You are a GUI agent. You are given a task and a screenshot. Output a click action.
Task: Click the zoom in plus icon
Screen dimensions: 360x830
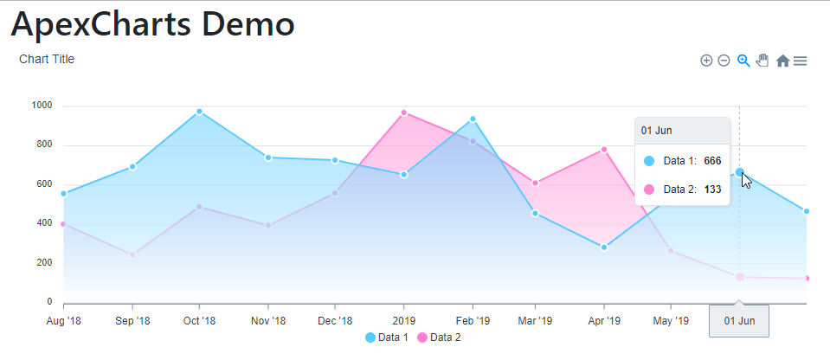click(x=706, y=61)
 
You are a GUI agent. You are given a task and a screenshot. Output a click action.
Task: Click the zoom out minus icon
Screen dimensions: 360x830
click(x=724, y=61)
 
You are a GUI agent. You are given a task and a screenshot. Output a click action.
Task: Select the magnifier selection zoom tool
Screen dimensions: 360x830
click(x=743, y=61)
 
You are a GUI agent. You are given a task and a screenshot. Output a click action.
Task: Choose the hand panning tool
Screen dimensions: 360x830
click(x=762, y=61)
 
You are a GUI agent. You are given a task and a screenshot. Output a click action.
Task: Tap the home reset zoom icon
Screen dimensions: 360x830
click(x=782, y=61)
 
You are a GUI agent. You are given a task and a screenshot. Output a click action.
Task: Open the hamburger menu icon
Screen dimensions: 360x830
click(x=801, y=61)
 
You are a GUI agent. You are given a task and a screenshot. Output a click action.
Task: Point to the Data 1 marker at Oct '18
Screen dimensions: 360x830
click(x=199, y=112)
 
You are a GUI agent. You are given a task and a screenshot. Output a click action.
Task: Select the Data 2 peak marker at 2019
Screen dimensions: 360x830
click(x=404, y=112)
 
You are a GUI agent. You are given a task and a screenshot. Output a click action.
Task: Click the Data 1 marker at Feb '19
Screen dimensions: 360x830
click(x=473, y=119)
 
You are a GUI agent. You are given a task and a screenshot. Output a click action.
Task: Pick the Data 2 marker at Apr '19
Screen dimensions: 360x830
click(x=604, y=150)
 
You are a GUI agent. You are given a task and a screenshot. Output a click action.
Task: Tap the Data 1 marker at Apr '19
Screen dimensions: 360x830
click(x=604, y=247)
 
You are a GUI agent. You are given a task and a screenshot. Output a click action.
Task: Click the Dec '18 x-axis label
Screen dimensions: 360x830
click(x=334, y=321)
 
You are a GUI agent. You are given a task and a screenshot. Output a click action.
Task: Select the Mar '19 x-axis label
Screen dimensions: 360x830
click(x=535, y=321)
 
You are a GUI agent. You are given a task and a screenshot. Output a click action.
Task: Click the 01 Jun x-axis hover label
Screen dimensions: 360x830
click(x=739, y=321)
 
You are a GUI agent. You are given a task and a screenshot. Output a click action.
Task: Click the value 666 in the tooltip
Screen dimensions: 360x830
click(x=712, y=161)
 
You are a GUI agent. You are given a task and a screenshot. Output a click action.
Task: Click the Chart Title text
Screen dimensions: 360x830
click(x=47, y=60)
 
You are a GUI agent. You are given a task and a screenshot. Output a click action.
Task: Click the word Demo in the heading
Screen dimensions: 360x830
click(x=246, y=24)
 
